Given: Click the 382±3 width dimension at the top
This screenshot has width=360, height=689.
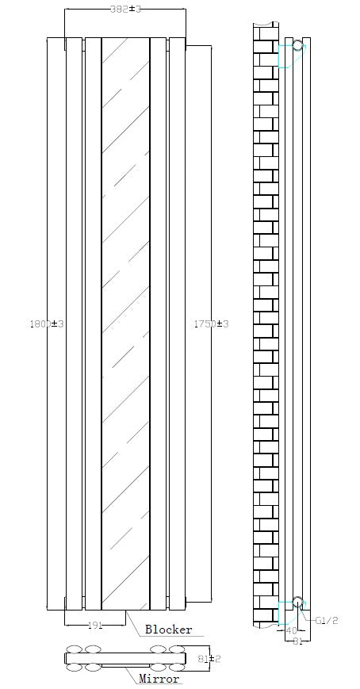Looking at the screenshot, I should (124, 9).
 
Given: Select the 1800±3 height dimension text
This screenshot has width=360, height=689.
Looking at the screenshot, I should (46, 323).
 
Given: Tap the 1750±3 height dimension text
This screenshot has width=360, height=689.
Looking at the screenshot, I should (211, 323).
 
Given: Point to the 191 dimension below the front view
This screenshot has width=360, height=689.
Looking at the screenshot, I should (95, 626).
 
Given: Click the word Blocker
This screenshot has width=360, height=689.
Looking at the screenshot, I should (168, 630).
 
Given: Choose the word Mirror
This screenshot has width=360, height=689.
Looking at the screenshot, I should (159, 679).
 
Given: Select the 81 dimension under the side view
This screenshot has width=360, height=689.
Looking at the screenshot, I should (297, 641).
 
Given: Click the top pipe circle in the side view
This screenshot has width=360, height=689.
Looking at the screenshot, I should (297, 46).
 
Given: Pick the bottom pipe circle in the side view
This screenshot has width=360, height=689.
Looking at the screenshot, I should (297, 602).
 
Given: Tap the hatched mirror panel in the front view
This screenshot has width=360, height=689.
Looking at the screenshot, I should (125, 317).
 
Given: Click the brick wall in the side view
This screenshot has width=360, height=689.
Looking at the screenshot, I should (265, 317).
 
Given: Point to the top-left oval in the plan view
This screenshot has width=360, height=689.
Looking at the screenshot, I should (76, 649).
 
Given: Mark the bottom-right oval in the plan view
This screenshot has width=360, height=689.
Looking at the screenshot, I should (176, 668).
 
